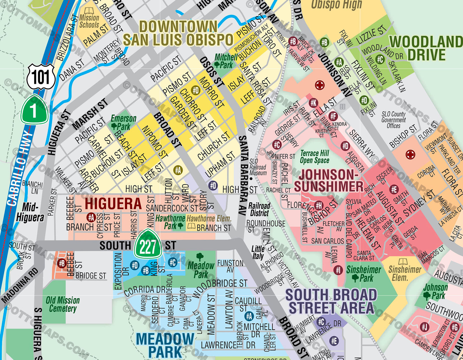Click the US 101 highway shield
click(41, 77)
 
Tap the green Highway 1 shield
click(34, 110)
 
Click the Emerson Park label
click(123, 122)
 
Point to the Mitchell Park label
click(226, 61)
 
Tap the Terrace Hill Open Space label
click(315, 157)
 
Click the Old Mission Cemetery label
click(63, 304)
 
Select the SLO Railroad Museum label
click(258, 167)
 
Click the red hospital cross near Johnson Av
click(319, 85)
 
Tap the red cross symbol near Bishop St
click(410, 155)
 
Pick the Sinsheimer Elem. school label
click(405, 273)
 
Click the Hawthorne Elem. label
click(209, 218)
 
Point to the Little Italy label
click(258, 252)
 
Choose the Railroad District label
click(259, 209)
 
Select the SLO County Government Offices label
click(394, 120)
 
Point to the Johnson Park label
click(435, 291)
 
